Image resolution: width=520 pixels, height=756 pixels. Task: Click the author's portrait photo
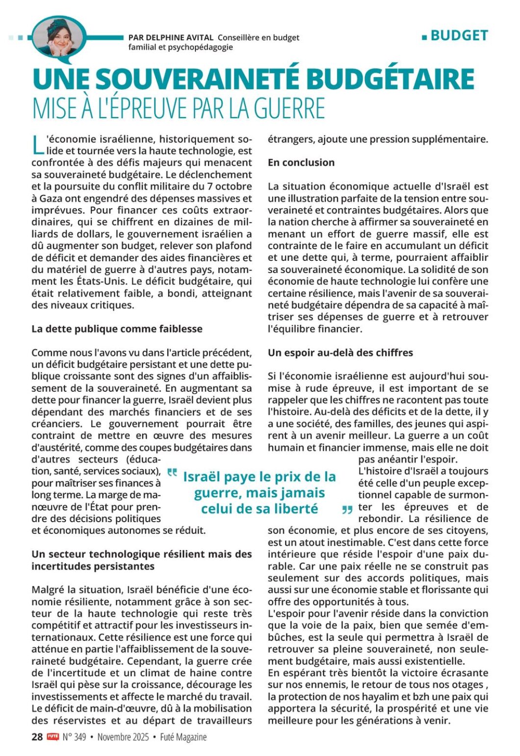coord(58,37)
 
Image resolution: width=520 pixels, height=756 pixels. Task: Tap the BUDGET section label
coord(459,36)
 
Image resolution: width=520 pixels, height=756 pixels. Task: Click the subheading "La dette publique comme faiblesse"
coord(117,328)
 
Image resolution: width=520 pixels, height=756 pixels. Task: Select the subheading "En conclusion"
coord(301,162)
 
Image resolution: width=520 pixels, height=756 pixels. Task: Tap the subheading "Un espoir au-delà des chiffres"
coord(340,353)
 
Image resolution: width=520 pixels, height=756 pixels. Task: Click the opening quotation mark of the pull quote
coord(172,473)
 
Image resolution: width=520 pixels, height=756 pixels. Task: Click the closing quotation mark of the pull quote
coord(347,510)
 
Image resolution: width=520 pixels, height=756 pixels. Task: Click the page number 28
coord(37,737)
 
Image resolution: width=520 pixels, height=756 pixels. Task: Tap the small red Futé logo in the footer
coord(52,736)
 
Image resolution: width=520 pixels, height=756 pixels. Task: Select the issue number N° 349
coord(75,737)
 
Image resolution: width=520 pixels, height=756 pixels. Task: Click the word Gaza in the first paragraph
coord(50,198)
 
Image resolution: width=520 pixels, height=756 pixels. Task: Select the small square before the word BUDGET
coord(424,37)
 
